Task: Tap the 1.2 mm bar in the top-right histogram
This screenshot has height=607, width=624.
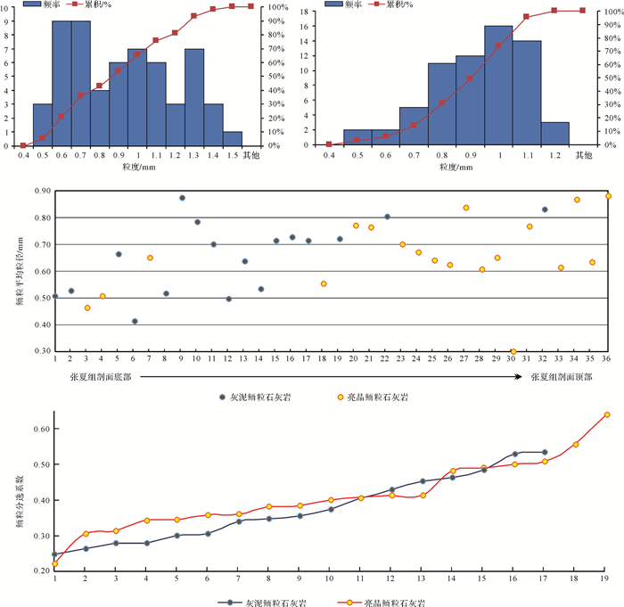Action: pos(554,133)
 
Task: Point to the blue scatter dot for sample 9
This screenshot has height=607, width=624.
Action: pos(182,198)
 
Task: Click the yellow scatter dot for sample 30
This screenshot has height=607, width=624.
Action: pos(513,352)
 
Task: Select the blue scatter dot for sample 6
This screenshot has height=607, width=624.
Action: pos(135,322)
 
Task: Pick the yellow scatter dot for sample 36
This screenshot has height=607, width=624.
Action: pos(609,196)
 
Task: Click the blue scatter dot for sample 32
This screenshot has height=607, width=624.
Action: pos(545,209)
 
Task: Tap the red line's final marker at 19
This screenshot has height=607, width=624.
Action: pos(607,414)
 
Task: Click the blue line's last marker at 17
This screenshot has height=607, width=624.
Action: pos(545,452)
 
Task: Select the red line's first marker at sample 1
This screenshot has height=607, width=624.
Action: pos(55,563)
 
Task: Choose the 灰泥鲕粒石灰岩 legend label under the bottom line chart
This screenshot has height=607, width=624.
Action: pos(282,603)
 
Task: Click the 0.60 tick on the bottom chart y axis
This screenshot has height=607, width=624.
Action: pos(39,429)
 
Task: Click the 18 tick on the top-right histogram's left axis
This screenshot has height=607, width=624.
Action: pos(316,12)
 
